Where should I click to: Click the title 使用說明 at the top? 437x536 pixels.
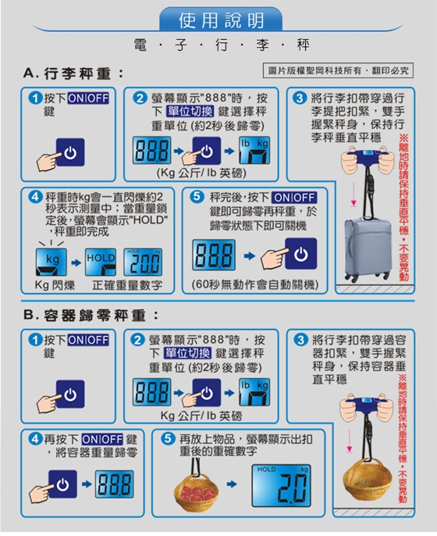pyautogui.click(x=222, y=20)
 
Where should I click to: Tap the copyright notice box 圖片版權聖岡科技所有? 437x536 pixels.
pyautogui.click(x=339, y=70)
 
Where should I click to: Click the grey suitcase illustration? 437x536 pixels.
pyautogui.click(x=368, y=248)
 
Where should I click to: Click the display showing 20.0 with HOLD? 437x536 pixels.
pyautogui.click(x=143, y=262)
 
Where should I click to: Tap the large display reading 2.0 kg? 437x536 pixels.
pyautogui.click(x=281, y=485)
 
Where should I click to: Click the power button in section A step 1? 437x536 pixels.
pyautogui.click(x=70, y=152)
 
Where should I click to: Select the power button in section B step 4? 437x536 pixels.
pyautogui.click(x=62, y=484)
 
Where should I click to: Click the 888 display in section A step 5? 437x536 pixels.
pyautogui.click(x=214, y=255)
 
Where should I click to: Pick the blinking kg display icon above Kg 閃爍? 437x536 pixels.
pyautogui.click(x=52, y=262)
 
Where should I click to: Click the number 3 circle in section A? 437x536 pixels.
pyautogui.click(x=300, y=98)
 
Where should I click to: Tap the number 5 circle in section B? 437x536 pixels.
pyautogui.click(x=167, y=438)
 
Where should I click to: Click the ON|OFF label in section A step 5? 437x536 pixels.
pyautogui.click(x=294, y=198)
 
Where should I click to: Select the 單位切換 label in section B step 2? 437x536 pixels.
pyautogui.click(x=188, y=353)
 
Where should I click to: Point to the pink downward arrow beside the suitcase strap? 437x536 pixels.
pyautogui.click(x=354, y=194)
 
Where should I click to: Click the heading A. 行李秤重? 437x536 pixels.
pyautogui.click(x=73, y=73)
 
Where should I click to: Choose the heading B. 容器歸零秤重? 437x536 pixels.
pyautogui.click(x=91, y=315)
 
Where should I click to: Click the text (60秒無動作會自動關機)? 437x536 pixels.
pyautogui.click(x=254, y=284)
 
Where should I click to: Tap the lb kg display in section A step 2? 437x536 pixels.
pyautogui.click(x=254, y=150)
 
